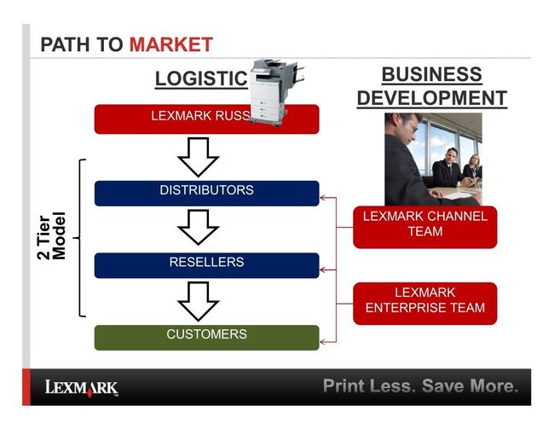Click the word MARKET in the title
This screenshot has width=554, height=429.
coord(170,44)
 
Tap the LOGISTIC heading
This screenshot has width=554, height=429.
coord(200,79)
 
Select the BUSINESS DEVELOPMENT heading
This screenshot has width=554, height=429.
coord(431,86)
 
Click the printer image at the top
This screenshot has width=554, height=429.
coord(274,92)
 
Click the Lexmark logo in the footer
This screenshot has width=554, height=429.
coord(82,388)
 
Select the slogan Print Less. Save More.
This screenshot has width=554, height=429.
coord(420,386)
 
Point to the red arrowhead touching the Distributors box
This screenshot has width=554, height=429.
coord(324,199)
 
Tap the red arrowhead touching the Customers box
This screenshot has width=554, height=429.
coord(324,340)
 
